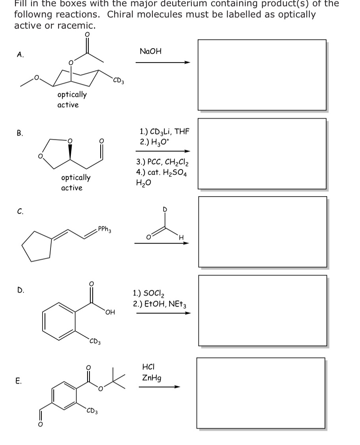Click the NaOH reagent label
[151, 51]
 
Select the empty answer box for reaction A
[262, 74]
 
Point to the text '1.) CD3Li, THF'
[164, 131]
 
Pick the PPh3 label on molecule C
[104, 230]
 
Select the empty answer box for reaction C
[263, 231]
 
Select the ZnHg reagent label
[151, 378]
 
